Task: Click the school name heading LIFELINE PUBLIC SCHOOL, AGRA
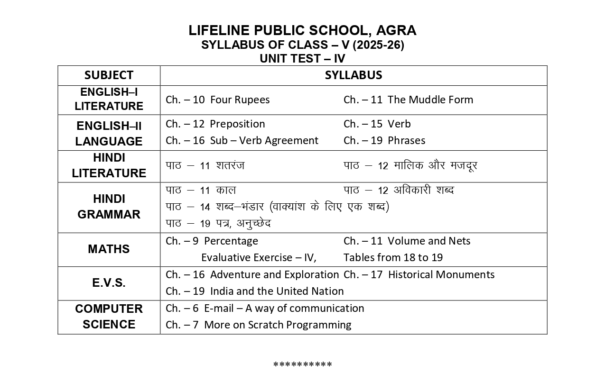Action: click(x=302, y=30)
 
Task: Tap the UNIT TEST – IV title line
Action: click(x=302, y=59)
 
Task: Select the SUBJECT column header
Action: click(x=109, y=75)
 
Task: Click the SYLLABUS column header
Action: click(x=354, y=75)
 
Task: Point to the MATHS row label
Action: click(x=109, y=249)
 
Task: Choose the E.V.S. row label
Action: click(x=109, y=283)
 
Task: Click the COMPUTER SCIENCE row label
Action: click(x=109, y=317)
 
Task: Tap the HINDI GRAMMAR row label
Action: click(x=109, y=207)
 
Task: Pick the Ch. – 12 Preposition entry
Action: click(x=215, y=124)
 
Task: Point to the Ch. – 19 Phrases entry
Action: click(x=384, y=141)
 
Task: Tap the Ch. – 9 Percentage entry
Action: click(x=212, y=241)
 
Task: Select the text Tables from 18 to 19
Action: click(x=393, y=258)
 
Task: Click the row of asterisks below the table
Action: click(x=302, y=365)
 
